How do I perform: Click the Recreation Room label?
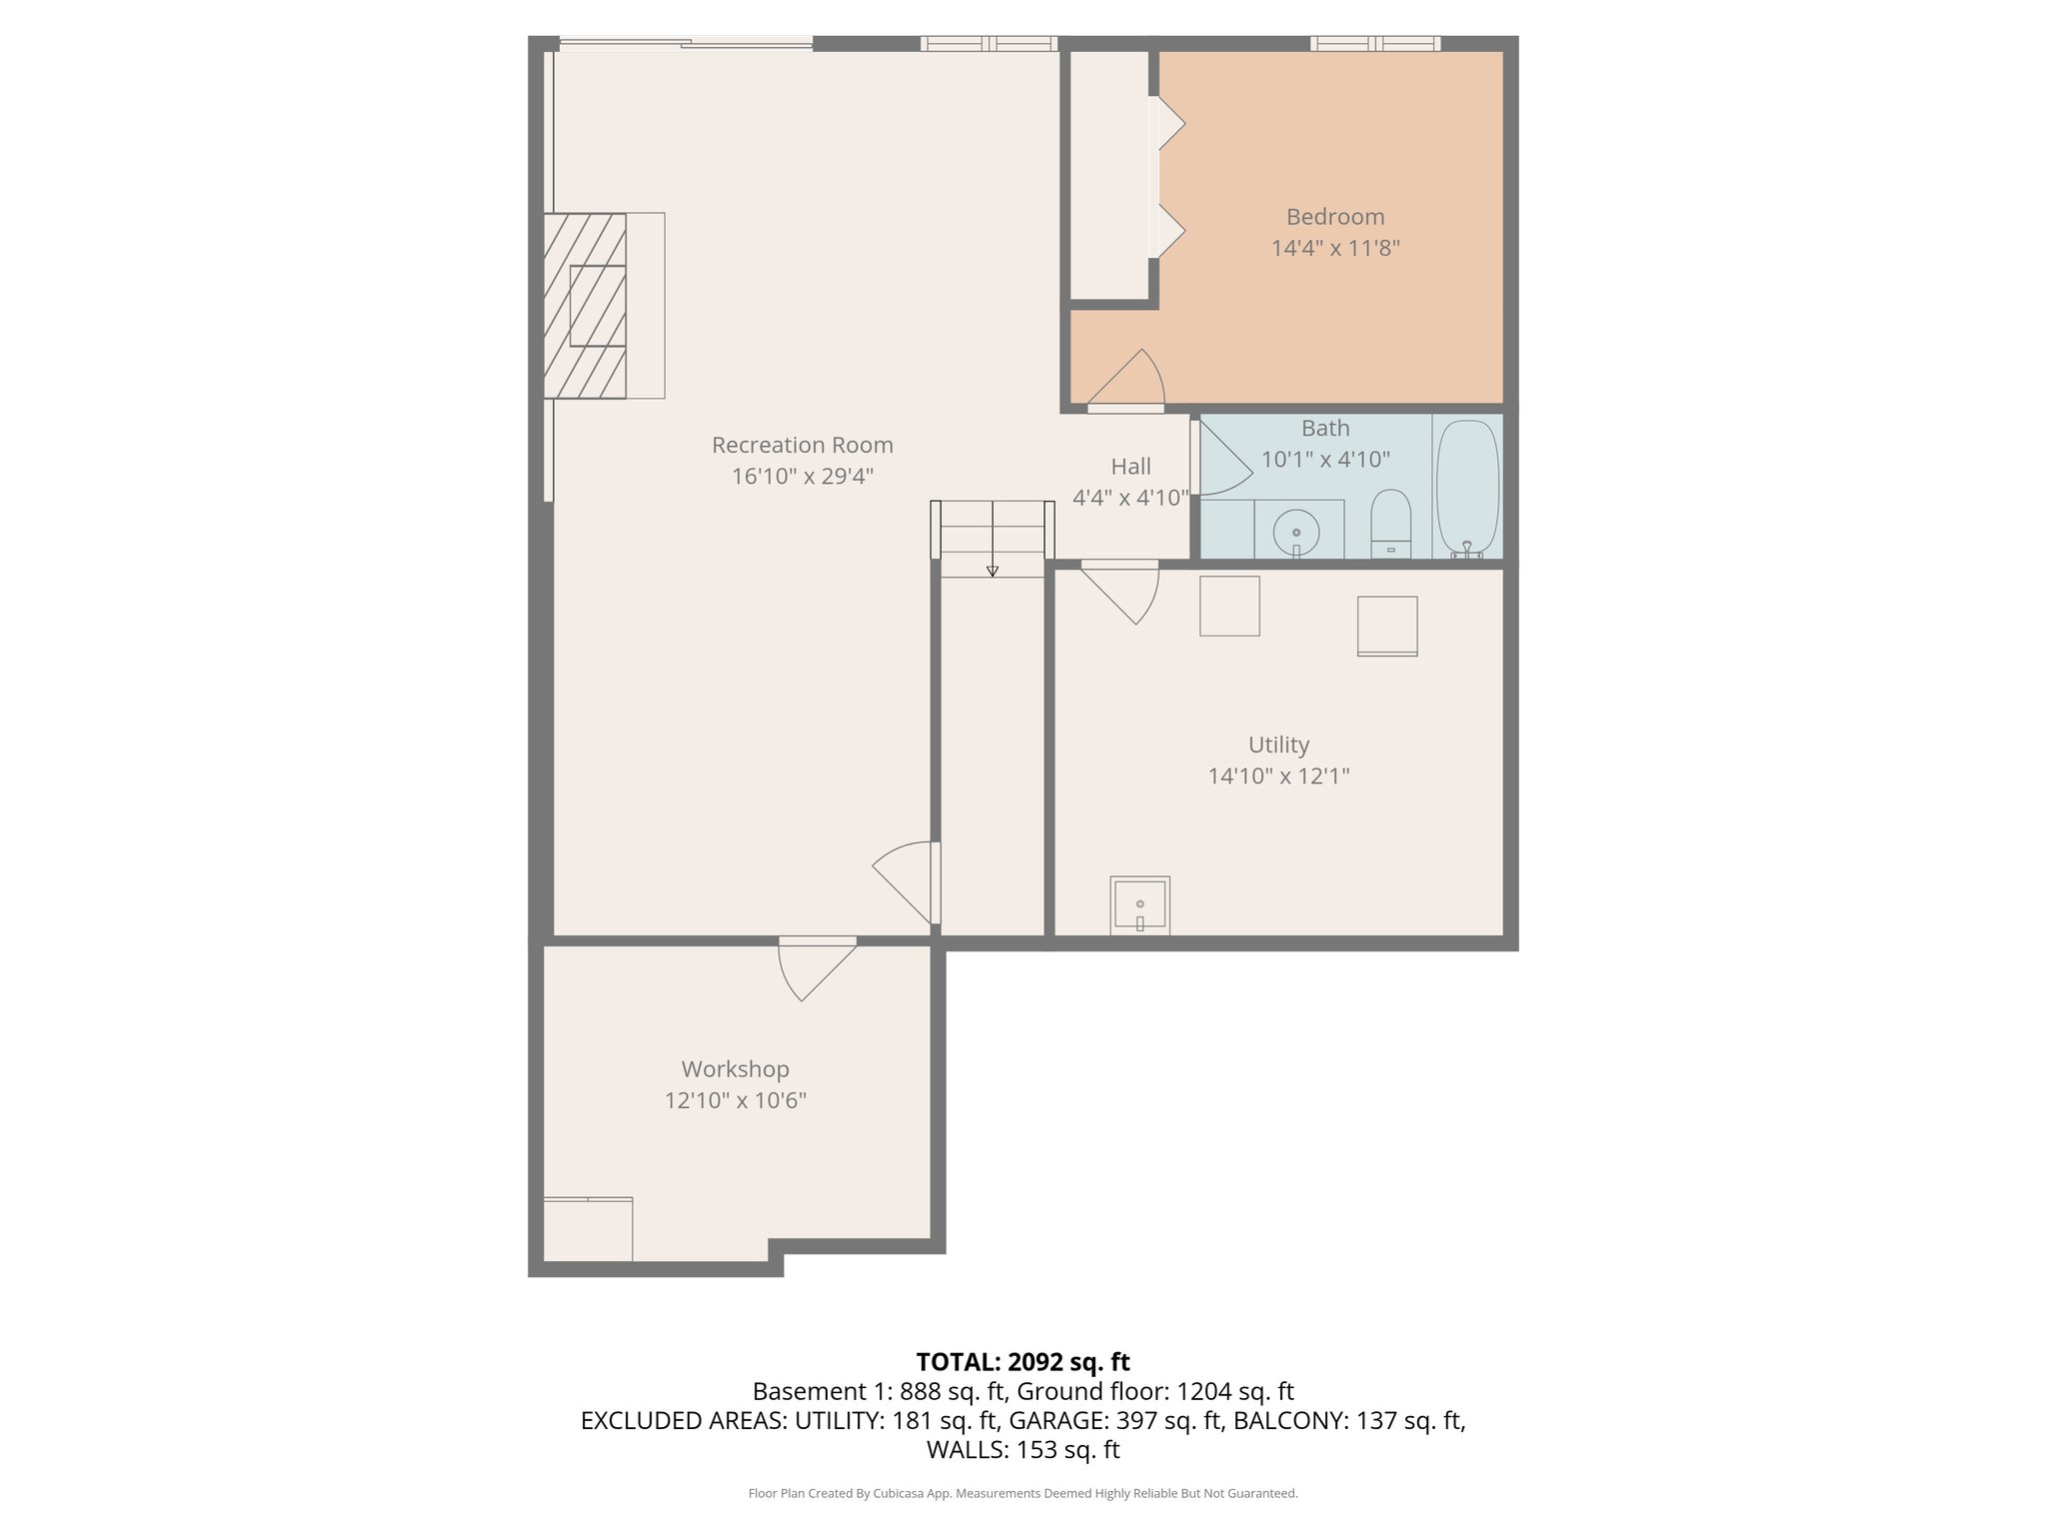coord(802,445)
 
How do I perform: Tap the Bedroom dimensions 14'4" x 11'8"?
coord(1334,248)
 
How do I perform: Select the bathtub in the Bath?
coord(1467,488)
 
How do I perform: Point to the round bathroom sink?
coord(1296,532)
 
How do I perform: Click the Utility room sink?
coord(1139,905)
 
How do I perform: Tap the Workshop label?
coord(735,1069)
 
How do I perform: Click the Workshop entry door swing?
coord(815,969)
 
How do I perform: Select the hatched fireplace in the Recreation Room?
coord(586,306)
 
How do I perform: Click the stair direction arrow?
coord(993,570)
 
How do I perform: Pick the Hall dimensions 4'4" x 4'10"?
coord(1130,498)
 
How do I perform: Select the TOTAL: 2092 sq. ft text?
coord(1023,1362)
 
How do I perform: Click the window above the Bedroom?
coord(1375,43)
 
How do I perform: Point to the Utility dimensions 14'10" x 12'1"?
coord(1278,776)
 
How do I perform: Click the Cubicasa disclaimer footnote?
coord(1023,1494)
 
